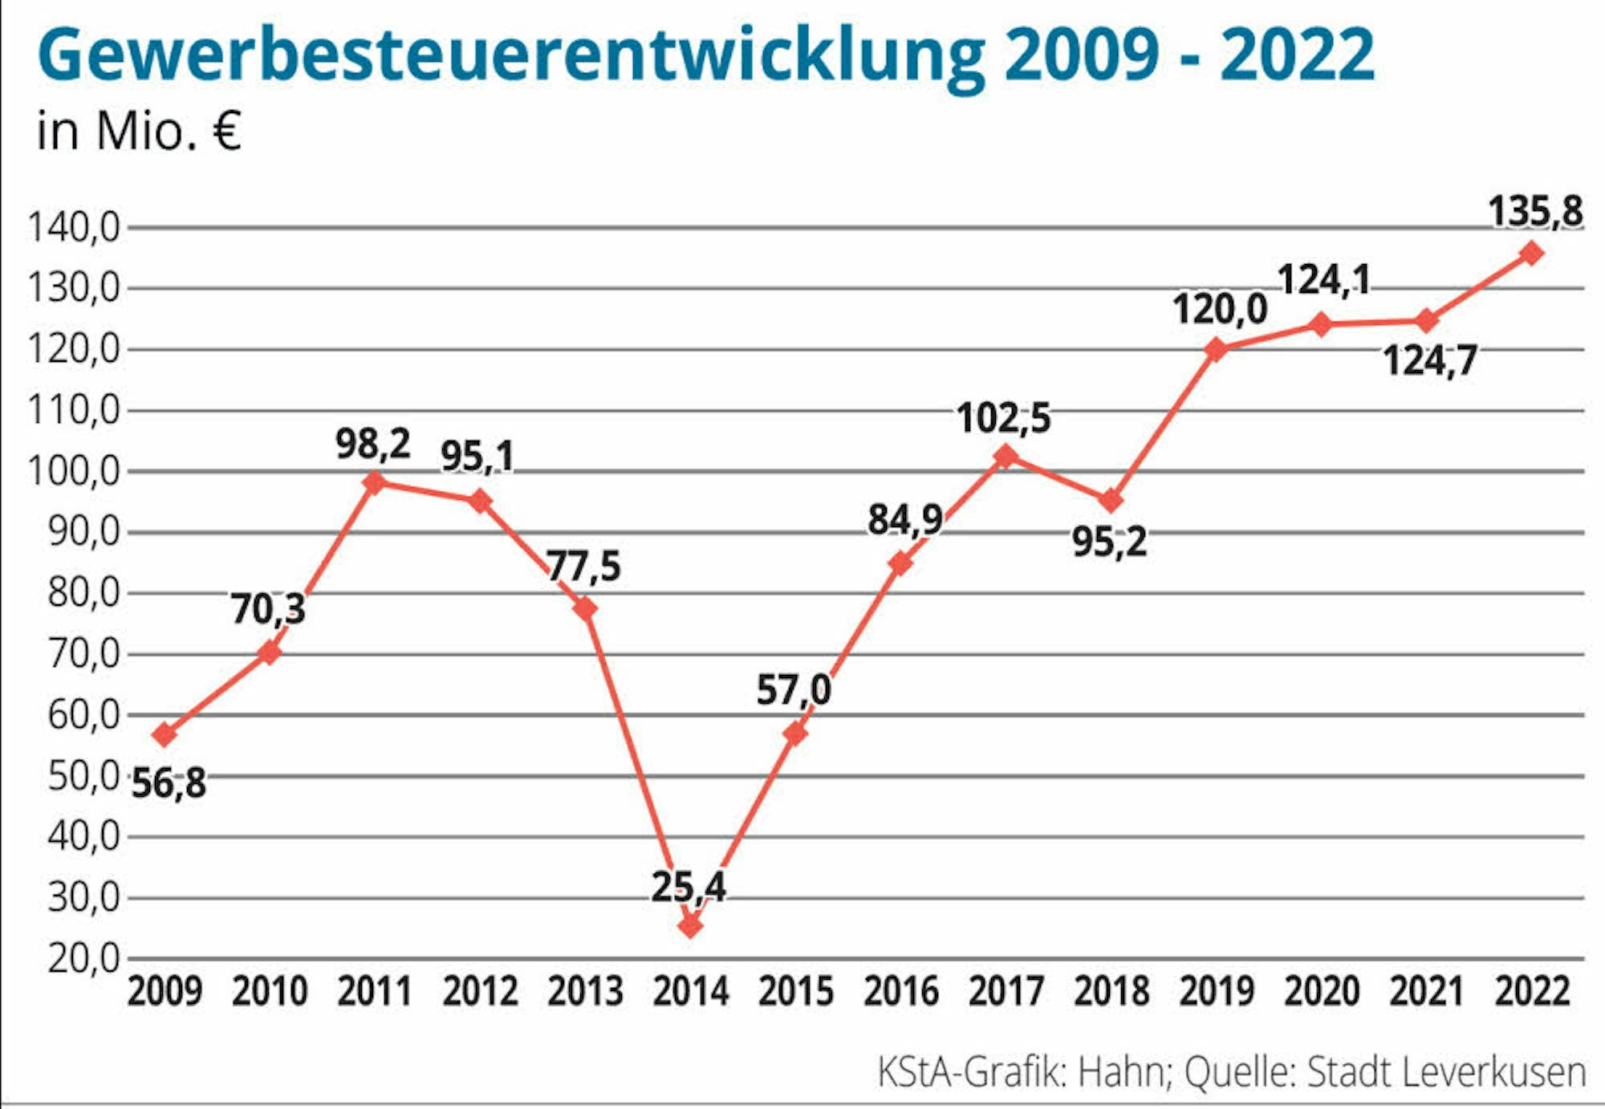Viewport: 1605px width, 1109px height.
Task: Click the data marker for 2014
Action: pos(690,926)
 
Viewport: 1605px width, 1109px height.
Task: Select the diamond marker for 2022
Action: pos(1531,254)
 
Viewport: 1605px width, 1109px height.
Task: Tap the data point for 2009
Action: pos(165,734)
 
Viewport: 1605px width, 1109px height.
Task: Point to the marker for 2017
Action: pos(1006,457)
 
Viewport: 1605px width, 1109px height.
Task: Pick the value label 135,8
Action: pos(1535,213)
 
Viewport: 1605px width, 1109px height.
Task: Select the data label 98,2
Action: pos(373,444)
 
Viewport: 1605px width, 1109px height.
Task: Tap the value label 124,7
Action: pos(1429,360)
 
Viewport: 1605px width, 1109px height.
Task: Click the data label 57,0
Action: pos(794,690)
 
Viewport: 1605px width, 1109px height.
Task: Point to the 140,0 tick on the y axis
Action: pos(74,229)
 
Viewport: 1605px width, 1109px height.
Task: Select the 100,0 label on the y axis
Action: pos(74,471)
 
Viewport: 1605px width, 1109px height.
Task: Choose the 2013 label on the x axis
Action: pos(585,992)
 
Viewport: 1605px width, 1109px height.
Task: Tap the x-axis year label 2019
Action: pos(1216,992)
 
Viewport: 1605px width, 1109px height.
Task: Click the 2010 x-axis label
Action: pos(270,992)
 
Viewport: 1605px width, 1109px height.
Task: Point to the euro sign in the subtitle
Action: pos(227,131)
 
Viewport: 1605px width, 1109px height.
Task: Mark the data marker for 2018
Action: pos(1111,502)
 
